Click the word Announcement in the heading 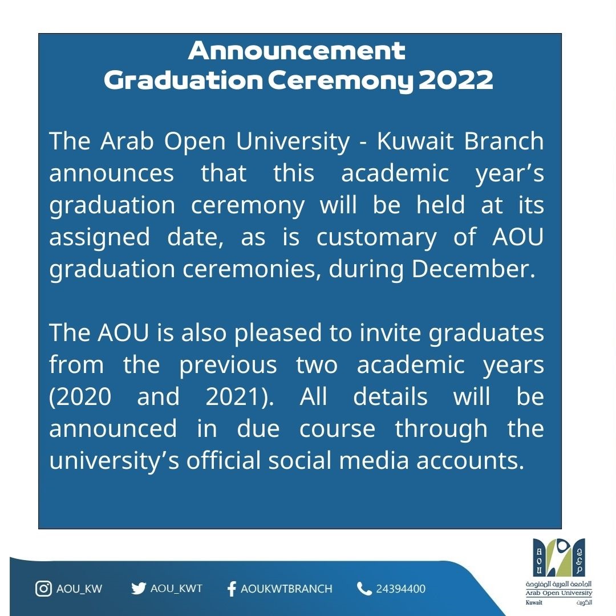pos(297,51)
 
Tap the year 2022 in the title pos(456,80)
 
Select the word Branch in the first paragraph pos(504,141)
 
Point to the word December pos(473,269)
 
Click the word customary pos(376,238)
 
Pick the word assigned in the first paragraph pos(99,238)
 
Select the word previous pos(228,366)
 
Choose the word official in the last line pos(223,460)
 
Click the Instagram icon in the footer pos(43,589)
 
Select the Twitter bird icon pos(139,589)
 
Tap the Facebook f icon pos(232,589)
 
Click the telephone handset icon pos(364,589)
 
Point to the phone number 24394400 pos(401,589)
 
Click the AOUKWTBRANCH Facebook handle pos(286,589)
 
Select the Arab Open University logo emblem pos(558,557)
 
